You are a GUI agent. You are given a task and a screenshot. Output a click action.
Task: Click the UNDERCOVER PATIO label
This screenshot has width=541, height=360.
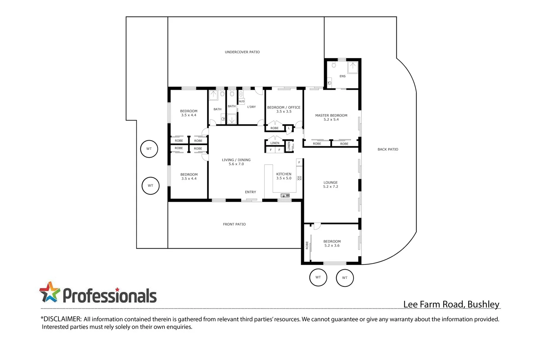[x=242, y=52]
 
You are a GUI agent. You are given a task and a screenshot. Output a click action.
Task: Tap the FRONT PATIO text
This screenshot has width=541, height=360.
[x=234, y=224]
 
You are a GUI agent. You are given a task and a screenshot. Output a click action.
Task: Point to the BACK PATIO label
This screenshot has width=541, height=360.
[x=388, y=149]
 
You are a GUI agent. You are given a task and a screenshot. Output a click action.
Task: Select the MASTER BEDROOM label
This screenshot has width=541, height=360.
[x=331, y=115]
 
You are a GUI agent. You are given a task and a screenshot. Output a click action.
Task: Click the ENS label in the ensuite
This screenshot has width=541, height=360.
[x=342, y=76]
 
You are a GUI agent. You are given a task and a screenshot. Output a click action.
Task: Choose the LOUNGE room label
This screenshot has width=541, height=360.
[x=330, y=182]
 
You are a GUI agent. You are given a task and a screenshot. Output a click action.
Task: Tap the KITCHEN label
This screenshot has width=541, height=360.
[x=283, y=174]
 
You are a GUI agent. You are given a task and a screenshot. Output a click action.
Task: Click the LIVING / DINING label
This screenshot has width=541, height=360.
[x=236, y=160]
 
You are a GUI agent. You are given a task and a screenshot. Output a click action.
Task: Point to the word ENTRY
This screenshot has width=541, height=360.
[x=250, y=192]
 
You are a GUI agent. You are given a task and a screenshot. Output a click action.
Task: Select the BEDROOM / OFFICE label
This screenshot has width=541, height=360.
[x=283, y=107]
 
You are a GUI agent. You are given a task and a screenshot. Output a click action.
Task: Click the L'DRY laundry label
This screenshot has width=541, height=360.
[x=251, y=107]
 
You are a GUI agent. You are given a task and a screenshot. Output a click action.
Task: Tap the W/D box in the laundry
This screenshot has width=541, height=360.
[x=241, y=102]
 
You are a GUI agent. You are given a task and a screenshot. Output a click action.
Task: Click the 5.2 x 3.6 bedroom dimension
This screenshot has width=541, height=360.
[x=332, y=246]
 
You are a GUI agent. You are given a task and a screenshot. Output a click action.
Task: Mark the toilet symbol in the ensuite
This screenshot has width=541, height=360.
[x=334, y=65]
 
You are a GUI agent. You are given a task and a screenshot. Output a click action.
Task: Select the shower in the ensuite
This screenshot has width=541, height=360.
[x=352, y=67]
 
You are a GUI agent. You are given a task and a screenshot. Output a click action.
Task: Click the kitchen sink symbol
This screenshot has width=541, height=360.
[x=285, y=195]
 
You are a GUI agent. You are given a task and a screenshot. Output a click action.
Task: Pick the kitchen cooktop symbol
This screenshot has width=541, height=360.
[x=299, y=178]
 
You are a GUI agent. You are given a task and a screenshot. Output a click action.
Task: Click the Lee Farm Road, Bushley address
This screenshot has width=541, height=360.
[x=451, y=304]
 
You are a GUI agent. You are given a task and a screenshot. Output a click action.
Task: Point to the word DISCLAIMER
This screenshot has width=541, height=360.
[x=61, y=319]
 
